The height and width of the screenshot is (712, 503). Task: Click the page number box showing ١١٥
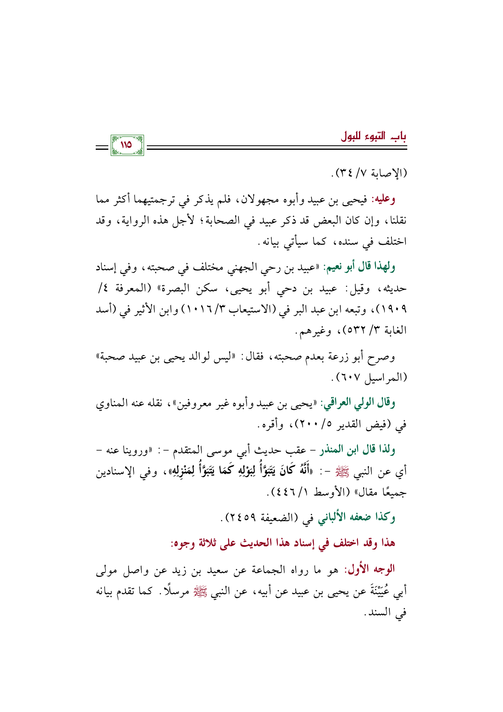(x=127, y=145)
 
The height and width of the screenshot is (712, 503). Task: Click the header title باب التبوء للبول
(x=374, y=136)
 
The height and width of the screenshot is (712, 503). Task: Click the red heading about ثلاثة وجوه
(x=283, y=544)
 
